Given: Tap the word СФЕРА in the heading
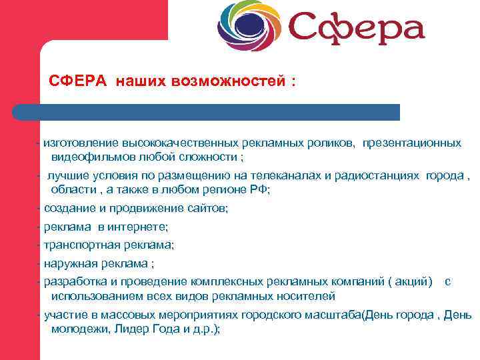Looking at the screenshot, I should (77, 81).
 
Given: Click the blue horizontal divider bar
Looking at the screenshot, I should (207, 112).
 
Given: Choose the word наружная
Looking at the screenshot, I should (67, 263).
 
